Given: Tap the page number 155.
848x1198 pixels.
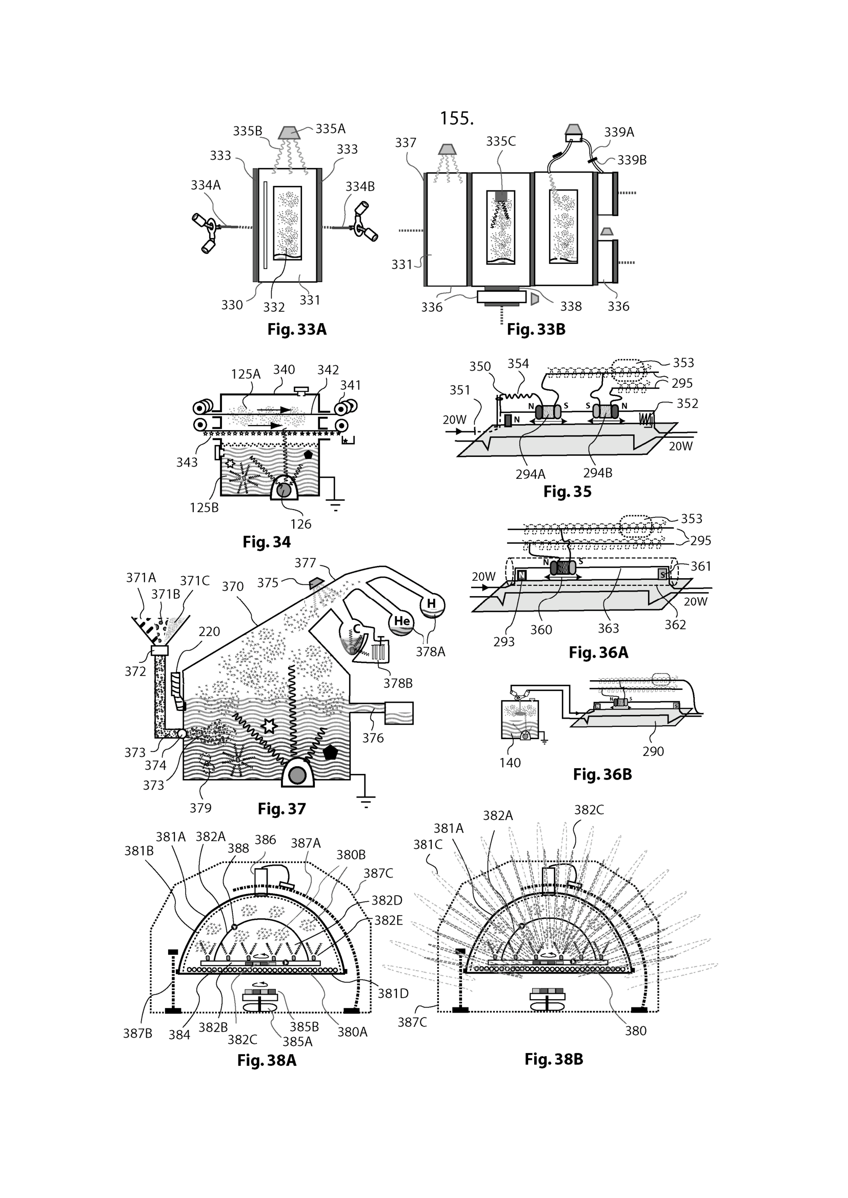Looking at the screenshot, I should pos(456,118).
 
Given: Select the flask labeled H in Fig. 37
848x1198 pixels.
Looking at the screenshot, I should pos(432,605).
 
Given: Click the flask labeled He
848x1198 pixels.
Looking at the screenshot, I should pos(401,622).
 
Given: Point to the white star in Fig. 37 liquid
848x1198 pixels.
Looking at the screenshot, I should pos(268,726).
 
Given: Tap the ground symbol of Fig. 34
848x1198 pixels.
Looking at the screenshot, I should pos(335,505).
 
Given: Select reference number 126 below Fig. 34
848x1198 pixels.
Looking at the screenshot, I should pos(301,524).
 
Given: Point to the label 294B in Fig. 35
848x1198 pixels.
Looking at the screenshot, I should pos(597,473).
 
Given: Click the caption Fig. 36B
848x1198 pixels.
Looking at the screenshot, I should pos(602,774).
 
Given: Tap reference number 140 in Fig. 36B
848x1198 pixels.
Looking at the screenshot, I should pos(510,763).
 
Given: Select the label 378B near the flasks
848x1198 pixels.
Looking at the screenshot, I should pos(397,683).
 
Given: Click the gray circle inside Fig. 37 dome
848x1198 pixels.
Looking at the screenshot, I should pos(297,775).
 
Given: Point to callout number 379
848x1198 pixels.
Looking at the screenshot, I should pos(200,808).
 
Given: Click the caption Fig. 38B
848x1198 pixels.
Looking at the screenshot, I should pos(554,1059).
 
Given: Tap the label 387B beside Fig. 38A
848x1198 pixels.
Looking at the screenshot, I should pos(137,1034).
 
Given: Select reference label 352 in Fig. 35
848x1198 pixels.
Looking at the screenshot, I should pos(687,403).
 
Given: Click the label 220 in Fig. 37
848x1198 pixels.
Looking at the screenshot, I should pos(209,632).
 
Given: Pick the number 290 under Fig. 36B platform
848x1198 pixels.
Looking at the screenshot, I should pos(653,751).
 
